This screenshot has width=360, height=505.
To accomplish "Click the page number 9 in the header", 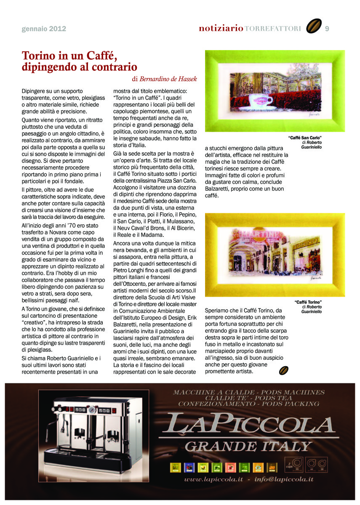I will pyautogui.click(x=327, y=29).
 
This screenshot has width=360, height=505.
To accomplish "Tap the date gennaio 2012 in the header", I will pyautogui.click(x=44, y=29).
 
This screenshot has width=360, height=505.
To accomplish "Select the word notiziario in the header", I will pyautogui.click(x=221, y=29).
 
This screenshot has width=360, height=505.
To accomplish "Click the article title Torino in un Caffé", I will pyautogui.click(x=69, y=56).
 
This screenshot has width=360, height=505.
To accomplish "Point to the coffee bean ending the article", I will pyautogui.click(x=284, y=370).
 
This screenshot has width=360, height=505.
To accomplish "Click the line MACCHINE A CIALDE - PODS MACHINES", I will pyautogui.click(x=249, y=392).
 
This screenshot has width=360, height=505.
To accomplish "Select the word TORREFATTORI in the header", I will pyautogui.click(x=272, y=29).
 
